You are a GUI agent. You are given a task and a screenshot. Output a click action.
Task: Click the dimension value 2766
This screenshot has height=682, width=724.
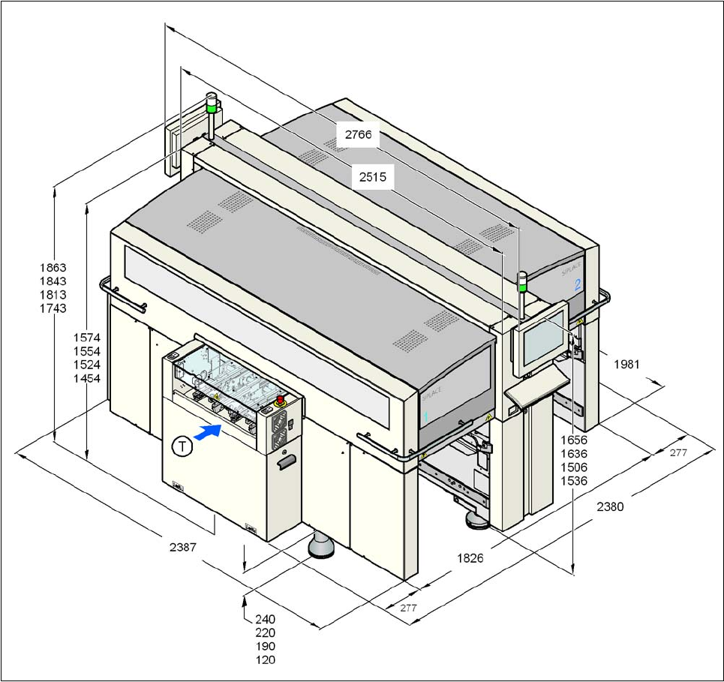(x=357, y=136)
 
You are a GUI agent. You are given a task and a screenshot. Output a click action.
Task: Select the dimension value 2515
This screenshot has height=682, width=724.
(x=372, y=178)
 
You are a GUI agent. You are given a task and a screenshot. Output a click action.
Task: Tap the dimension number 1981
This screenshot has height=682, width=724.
(x=626, y=364)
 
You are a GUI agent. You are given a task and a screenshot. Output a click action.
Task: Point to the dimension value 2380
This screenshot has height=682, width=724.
(x=610, y=506)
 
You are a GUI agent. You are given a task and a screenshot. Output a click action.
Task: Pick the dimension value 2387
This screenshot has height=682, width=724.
(x=182, y=547)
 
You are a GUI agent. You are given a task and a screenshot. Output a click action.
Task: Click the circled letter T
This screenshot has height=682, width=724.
(x=182, y=446)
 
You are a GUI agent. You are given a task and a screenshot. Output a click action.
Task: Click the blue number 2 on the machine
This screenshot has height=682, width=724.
(x=578, y=284)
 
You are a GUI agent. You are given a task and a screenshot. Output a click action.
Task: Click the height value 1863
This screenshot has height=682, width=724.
(x=53, y=267)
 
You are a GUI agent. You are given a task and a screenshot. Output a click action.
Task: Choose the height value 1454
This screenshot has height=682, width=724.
(x=87, y=378)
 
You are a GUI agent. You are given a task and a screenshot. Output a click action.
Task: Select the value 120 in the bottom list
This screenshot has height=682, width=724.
(x=265, y=659)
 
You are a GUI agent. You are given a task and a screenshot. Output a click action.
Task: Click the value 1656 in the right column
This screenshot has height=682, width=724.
(x=573, y=440)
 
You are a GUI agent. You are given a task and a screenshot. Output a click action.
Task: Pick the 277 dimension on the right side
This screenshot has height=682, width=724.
(x=678, y=452)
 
